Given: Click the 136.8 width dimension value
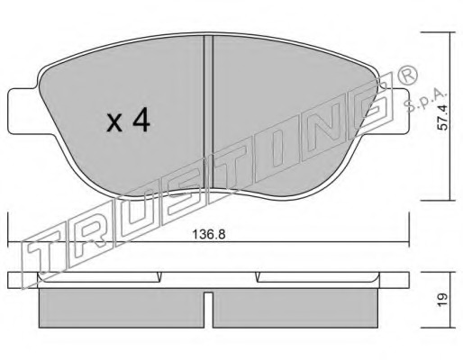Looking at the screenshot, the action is pyautogui.click(x=209, y=234).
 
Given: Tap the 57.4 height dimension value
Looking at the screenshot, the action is pyautogui.click(x=442, y=116).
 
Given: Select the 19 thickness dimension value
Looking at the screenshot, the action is pyautogui.click(x=442, y=300).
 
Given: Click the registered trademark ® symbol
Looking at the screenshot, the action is pyautogui.click(x=407, y=75).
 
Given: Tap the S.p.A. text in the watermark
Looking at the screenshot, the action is pyautogui.click(x=425, y=101).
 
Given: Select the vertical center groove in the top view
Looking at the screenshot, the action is pyautogui.click(x=208, y=114).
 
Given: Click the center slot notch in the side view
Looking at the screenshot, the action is pyautogui.click(x=208, y=310).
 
